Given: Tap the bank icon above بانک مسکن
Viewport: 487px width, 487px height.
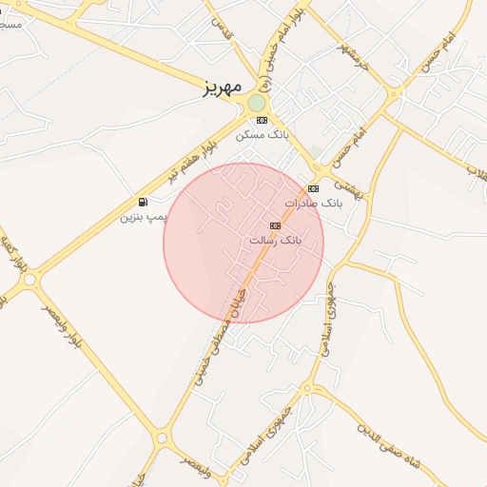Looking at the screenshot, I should [x=262, y=120].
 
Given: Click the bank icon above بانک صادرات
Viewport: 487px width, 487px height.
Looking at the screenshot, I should [x=313, y=188].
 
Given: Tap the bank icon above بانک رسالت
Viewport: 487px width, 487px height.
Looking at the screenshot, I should [x=275, y=225].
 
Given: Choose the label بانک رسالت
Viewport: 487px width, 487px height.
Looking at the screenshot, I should [x=275, y=241].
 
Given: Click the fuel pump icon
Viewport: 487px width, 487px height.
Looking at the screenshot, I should [x=143, y=202].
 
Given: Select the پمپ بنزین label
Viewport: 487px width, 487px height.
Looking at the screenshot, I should [x=143, y=217].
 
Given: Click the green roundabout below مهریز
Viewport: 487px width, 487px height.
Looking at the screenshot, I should [x=257, y=103].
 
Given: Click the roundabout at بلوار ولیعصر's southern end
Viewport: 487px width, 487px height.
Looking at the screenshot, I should [x=162, y=438].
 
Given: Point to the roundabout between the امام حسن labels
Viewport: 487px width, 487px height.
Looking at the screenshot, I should [x=393, y=93].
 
